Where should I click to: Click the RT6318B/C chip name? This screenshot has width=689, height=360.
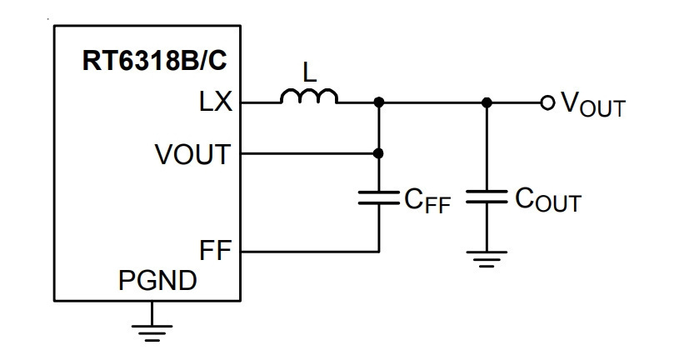155,61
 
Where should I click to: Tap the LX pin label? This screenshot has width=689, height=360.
215,102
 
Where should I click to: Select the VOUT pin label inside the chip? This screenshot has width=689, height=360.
192,154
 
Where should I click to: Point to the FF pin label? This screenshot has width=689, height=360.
215,250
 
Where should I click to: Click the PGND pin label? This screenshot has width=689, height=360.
157,281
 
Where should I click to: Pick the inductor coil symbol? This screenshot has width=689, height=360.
309,97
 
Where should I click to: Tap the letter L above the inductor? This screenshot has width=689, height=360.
310,72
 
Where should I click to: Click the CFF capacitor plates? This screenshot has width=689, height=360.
379,197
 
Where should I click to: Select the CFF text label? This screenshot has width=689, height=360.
427,201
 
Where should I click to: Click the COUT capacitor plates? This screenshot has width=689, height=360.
487,197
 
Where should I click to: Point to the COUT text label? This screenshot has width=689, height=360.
548,200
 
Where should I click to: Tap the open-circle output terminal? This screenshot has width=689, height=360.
547,102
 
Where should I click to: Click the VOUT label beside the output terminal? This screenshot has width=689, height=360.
592,106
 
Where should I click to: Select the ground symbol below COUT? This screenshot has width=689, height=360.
487,259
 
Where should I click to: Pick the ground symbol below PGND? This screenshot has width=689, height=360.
152,333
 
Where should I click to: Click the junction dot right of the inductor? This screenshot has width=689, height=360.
379,102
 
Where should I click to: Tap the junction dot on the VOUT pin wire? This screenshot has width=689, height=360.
378,153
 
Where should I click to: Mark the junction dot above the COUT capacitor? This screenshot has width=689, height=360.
487,102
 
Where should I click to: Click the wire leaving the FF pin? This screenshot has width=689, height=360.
310,252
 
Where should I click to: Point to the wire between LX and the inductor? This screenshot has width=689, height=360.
261,102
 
